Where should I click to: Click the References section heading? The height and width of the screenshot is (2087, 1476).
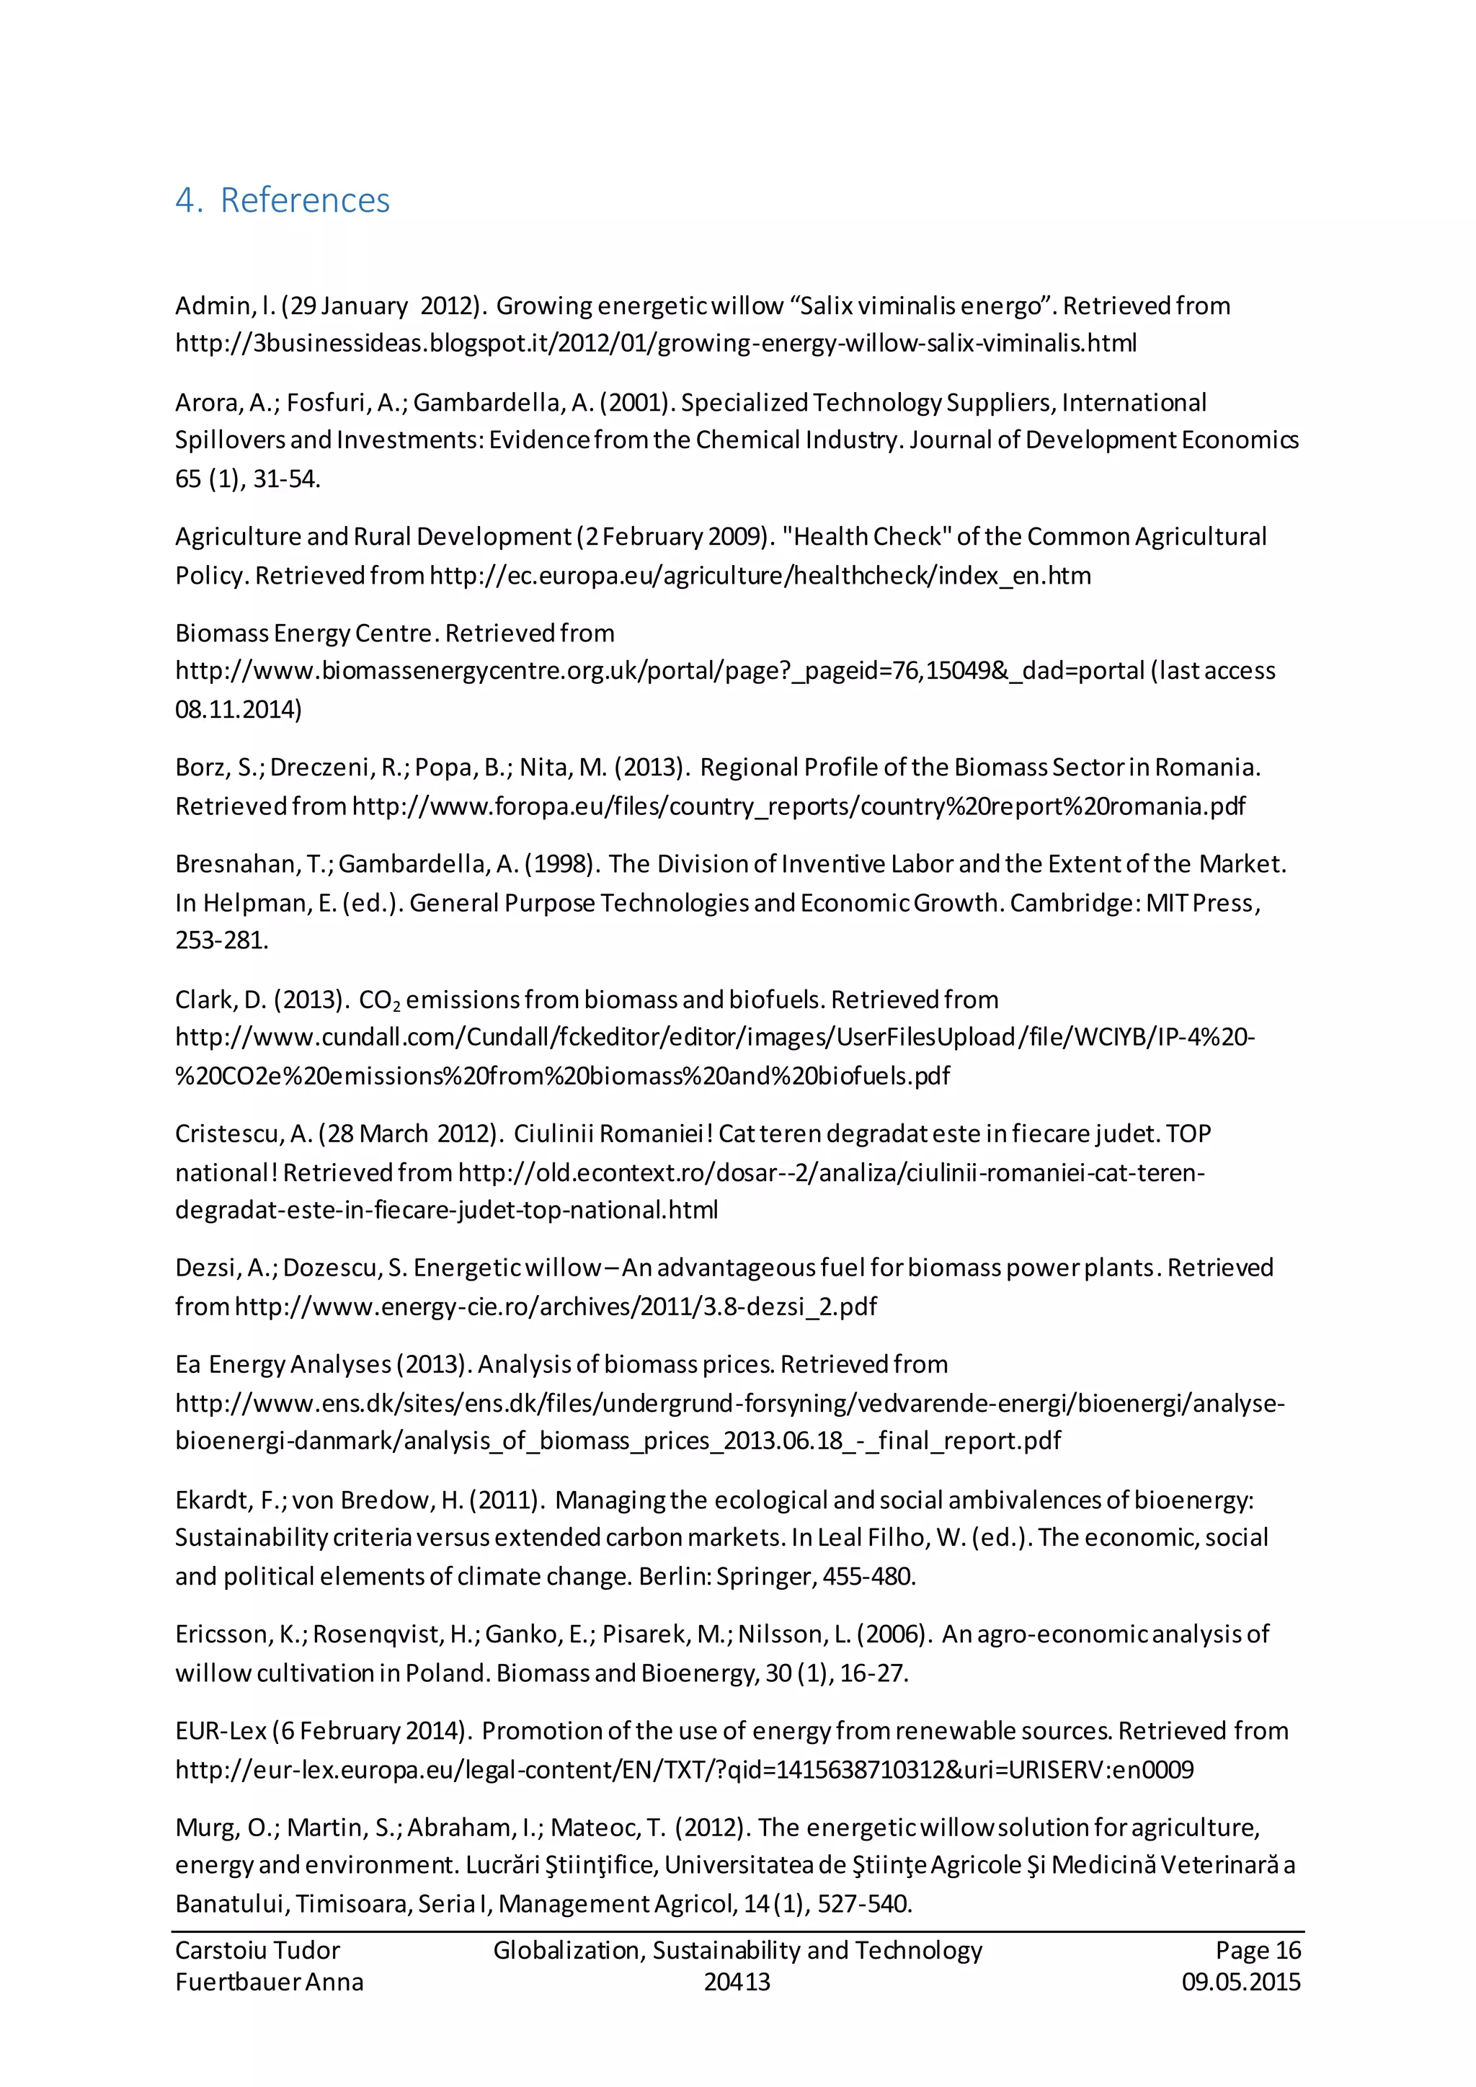point(283,200)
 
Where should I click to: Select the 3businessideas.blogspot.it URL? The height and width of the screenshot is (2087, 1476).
point(655,344)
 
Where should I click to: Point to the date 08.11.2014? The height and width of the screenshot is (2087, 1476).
point(238,710)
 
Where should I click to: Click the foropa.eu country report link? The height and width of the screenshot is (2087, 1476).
point(798,806)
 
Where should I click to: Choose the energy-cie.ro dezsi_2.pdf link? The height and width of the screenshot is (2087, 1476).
point(556,1307)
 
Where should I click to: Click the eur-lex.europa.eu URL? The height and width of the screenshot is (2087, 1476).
point(683,1770)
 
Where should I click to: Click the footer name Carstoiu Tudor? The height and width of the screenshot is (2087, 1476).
point(257,1951)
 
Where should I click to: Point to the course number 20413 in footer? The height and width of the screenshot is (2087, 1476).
point(737,1983)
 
